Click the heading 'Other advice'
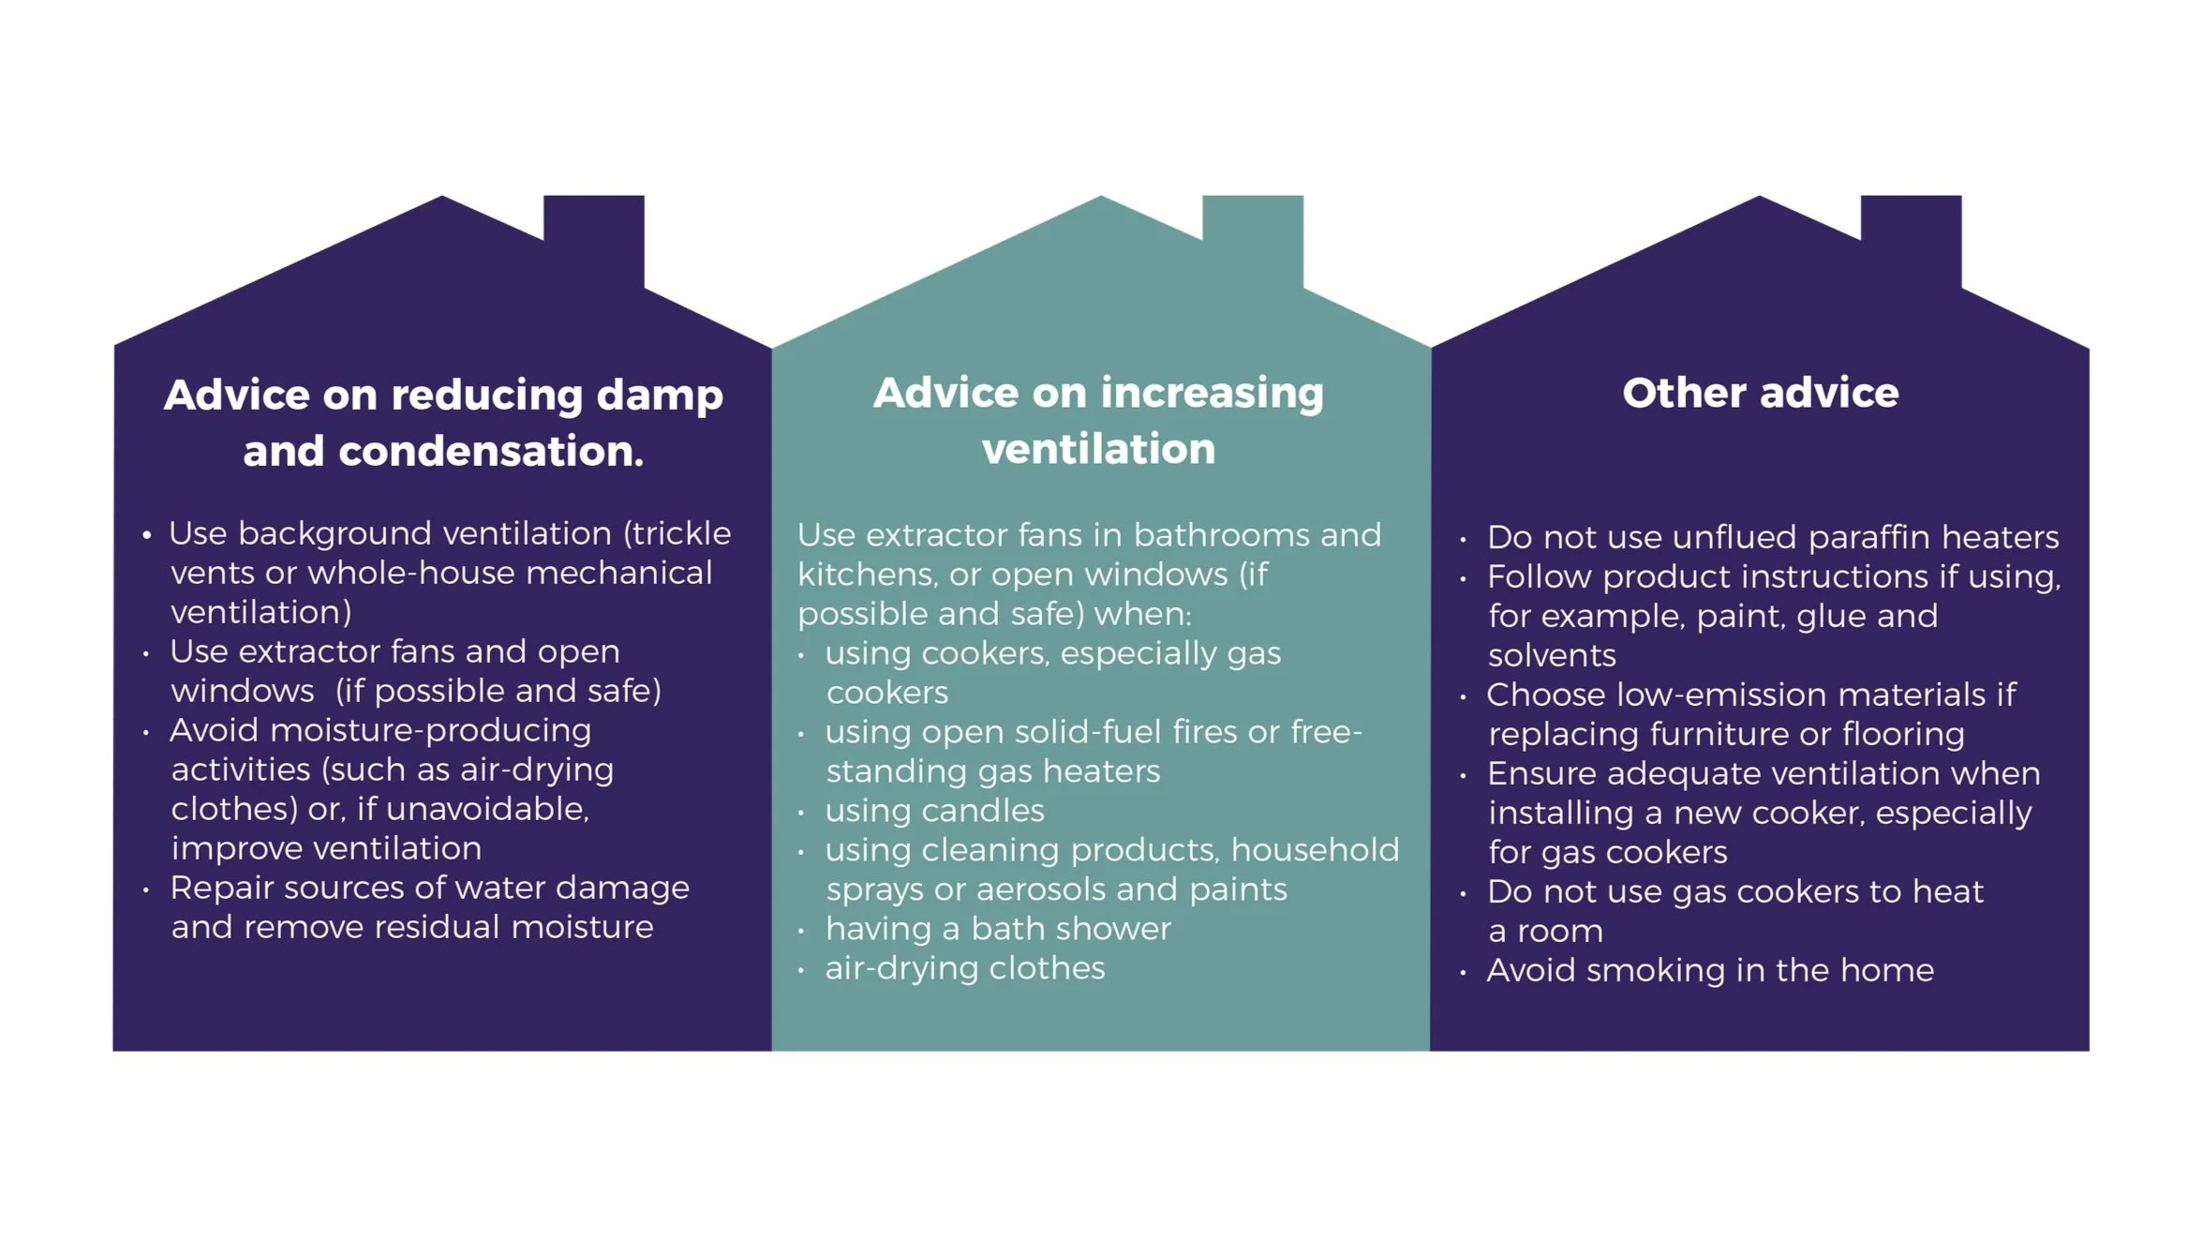click(x=1760, y=393)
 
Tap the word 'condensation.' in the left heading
click(x=490, y=451)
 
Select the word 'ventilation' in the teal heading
click(x=1098, y=449)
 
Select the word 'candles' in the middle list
click(x=984, y=811)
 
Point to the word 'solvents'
click(x=1552, y=655)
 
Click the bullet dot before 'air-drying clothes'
click(x=801, y=971)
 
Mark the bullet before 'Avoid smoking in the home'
click(x=1463, y=973)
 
